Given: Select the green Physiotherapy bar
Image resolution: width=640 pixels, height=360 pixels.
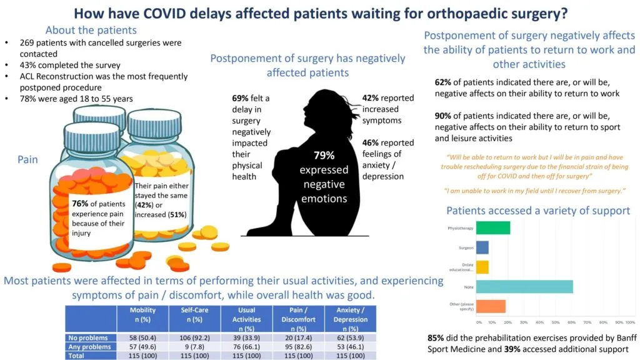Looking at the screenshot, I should pos(493,227).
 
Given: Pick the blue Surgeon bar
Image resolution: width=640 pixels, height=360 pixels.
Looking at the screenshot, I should pos(482,247).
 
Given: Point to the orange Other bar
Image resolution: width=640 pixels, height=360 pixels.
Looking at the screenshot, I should pos(491,306).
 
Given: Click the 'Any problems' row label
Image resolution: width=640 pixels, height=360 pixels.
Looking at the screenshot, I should pos(91,346).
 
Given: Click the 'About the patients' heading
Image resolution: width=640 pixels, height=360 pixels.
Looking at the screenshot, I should pos(91,30).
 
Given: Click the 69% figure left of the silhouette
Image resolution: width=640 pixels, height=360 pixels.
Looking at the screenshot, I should pos(241,99).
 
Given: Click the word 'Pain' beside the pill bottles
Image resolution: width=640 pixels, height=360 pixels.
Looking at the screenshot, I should pos(27,159).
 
